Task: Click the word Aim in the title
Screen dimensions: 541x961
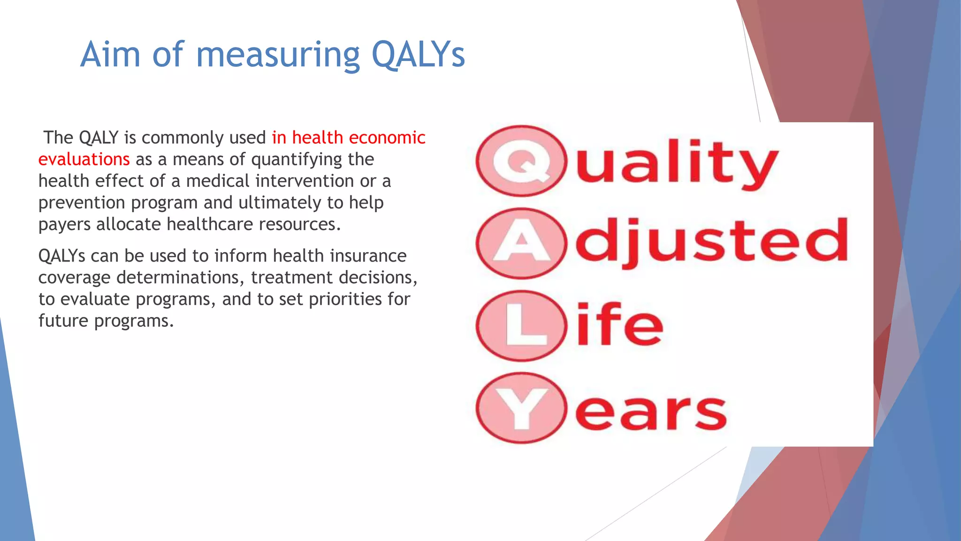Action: pos(110,55)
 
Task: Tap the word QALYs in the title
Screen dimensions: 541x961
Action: pos(418,55)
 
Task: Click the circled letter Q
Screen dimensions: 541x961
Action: pos(521,161)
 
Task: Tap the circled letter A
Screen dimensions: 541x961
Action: pos(521,244)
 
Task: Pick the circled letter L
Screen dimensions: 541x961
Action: pos(521,326)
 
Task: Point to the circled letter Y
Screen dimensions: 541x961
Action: pos(521,408)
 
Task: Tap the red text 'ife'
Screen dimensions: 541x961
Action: pos(619,324)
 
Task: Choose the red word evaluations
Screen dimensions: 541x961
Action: pos(84,159)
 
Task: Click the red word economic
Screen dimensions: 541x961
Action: pos(387,138)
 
